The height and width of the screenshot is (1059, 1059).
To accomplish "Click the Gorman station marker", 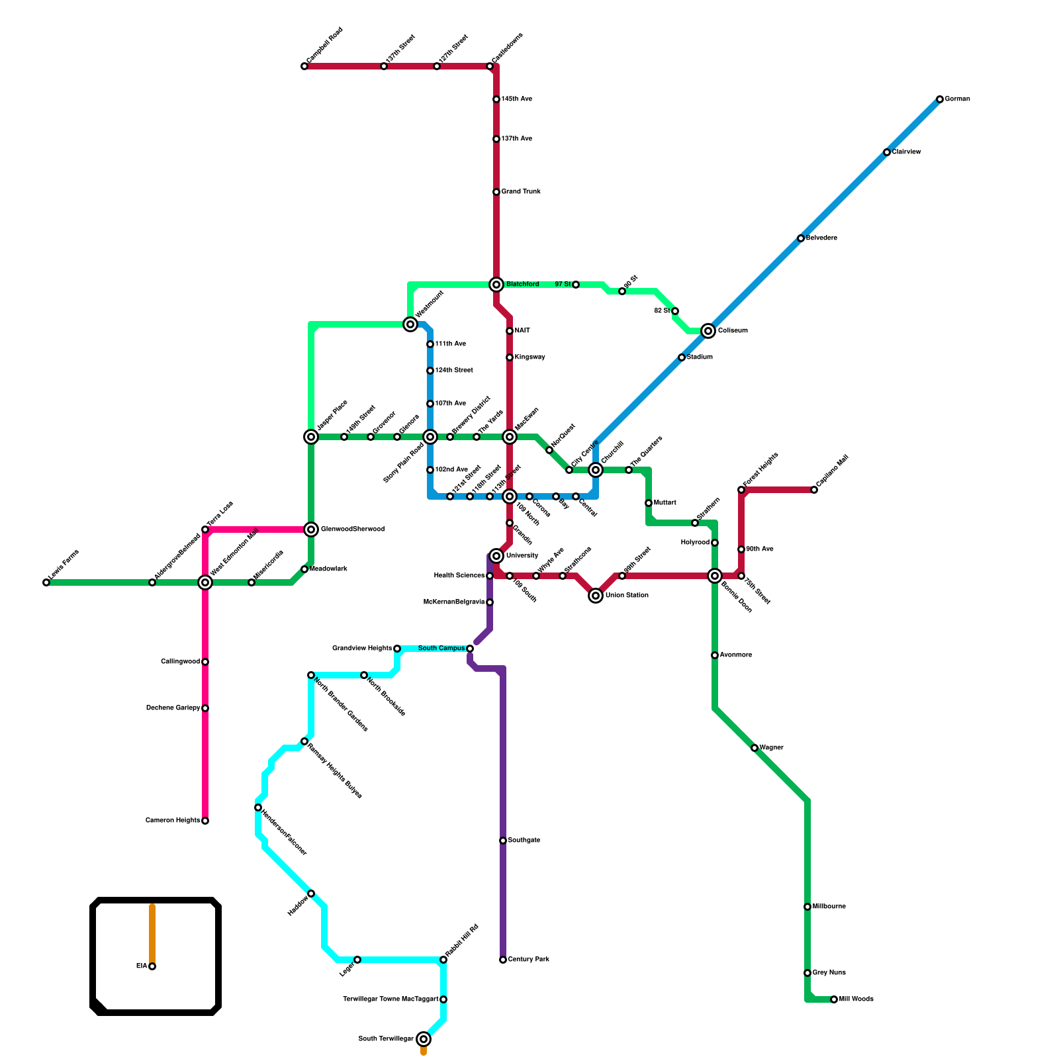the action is point(940,99).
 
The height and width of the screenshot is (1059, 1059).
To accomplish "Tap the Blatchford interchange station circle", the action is point(496,285).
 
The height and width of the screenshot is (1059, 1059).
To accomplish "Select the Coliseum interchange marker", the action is point(708,331).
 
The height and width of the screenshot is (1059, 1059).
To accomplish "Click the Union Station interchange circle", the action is point(596,596).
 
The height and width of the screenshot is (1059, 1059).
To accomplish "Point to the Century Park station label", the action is point(528,960).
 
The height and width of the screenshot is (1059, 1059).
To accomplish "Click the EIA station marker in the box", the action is point(152,966).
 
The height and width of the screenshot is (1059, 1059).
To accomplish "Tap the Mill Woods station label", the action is point(856,999).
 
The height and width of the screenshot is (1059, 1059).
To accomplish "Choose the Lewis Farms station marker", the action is point(46,582).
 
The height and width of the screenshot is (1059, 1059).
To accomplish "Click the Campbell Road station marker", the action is point(304,66).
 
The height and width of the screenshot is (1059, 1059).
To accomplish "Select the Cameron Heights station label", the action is point(173,821).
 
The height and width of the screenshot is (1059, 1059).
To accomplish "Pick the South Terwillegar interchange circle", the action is point(424,1039).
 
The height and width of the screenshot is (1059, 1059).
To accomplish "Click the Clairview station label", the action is point(906,152).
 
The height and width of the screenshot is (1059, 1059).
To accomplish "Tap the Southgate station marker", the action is point(503,841).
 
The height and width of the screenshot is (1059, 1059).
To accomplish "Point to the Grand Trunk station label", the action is point(521,192).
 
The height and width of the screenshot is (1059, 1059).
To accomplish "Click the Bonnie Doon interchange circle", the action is point(715,576).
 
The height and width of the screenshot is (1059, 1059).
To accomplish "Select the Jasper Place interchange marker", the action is point(311,437).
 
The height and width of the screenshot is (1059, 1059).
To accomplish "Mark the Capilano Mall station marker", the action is point(814,490).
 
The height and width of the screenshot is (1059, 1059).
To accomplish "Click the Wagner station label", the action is point(771,748).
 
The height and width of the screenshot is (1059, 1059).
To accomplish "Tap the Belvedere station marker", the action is point(801,238).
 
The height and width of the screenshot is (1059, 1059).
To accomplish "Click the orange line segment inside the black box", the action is point(152,933).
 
